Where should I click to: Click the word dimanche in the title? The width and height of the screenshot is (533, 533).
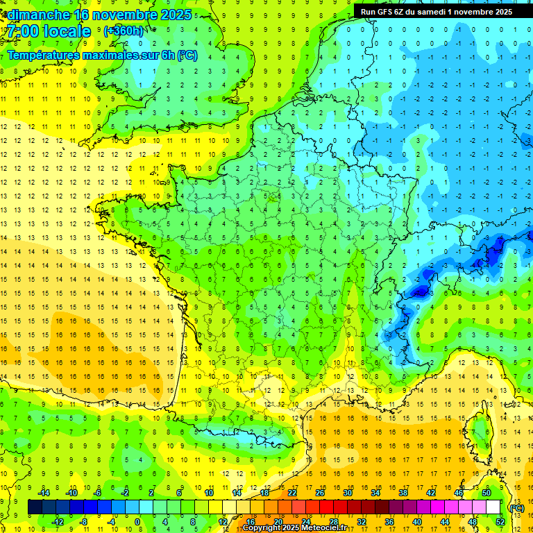(x=39, y=15)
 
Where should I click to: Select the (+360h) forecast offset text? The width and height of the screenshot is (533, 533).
(x=124, y=31)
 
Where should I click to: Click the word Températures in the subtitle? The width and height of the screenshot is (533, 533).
(x=46, y=55)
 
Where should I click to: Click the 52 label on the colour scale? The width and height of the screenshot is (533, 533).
(x=500, y=521)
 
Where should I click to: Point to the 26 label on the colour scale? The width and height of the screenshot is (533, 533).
(x=320, y=493)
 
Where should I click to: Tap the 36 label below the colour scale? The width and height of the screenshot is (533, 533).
(x=389, y=521)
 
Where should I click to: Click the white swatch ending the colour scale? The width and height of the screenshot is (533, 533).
(x=493, y=507)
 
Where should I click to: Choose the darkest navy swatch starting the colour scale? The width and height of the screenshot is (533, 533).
(x=35, y=507)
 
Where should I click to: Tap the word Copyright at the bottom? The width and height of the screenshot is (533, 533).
(x=263, y=528)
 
